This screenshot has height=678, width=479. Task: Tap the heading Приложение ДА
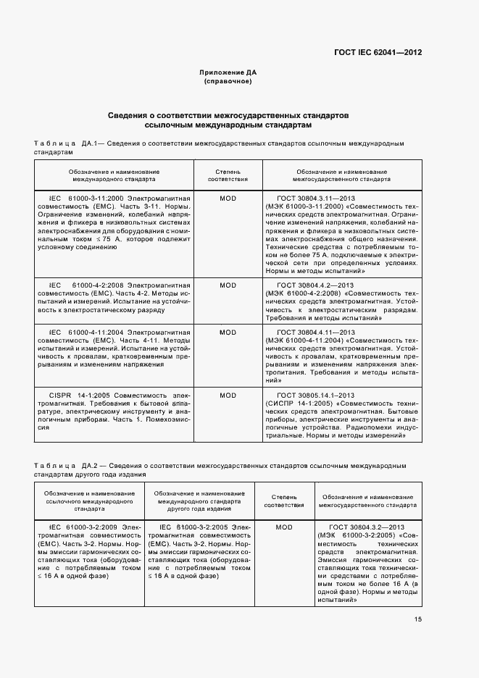[x=228, y=72]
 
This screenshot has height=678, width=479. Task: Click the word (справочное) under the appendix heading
[x=228, y=81]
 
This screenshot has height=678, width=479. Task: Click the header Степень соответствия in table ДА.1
[x=228, y=175]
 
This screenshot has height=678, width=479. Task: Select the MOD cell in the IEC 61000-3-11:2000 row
[x=228, y=197]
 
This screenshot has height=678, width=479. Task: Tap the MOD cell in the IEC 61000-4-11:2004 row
[x=228, y=332]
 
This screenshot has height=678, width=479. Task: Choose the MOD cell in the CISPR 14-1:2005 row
[x=228, y=395]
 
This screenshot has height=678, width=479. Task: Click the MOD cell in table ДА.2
[x=284, y=527]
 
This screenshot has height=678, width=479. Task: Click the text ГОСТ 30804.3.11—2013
[x=315, y=197]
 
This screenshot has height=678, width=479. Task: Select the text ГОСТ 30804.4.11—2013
[x=315, y=332]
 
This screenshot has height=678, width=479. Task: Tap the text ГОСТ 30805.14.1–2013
[x=315, y=395]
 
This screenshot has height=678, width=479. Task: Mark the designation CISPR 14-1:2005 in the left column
[x=80, y=395]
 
